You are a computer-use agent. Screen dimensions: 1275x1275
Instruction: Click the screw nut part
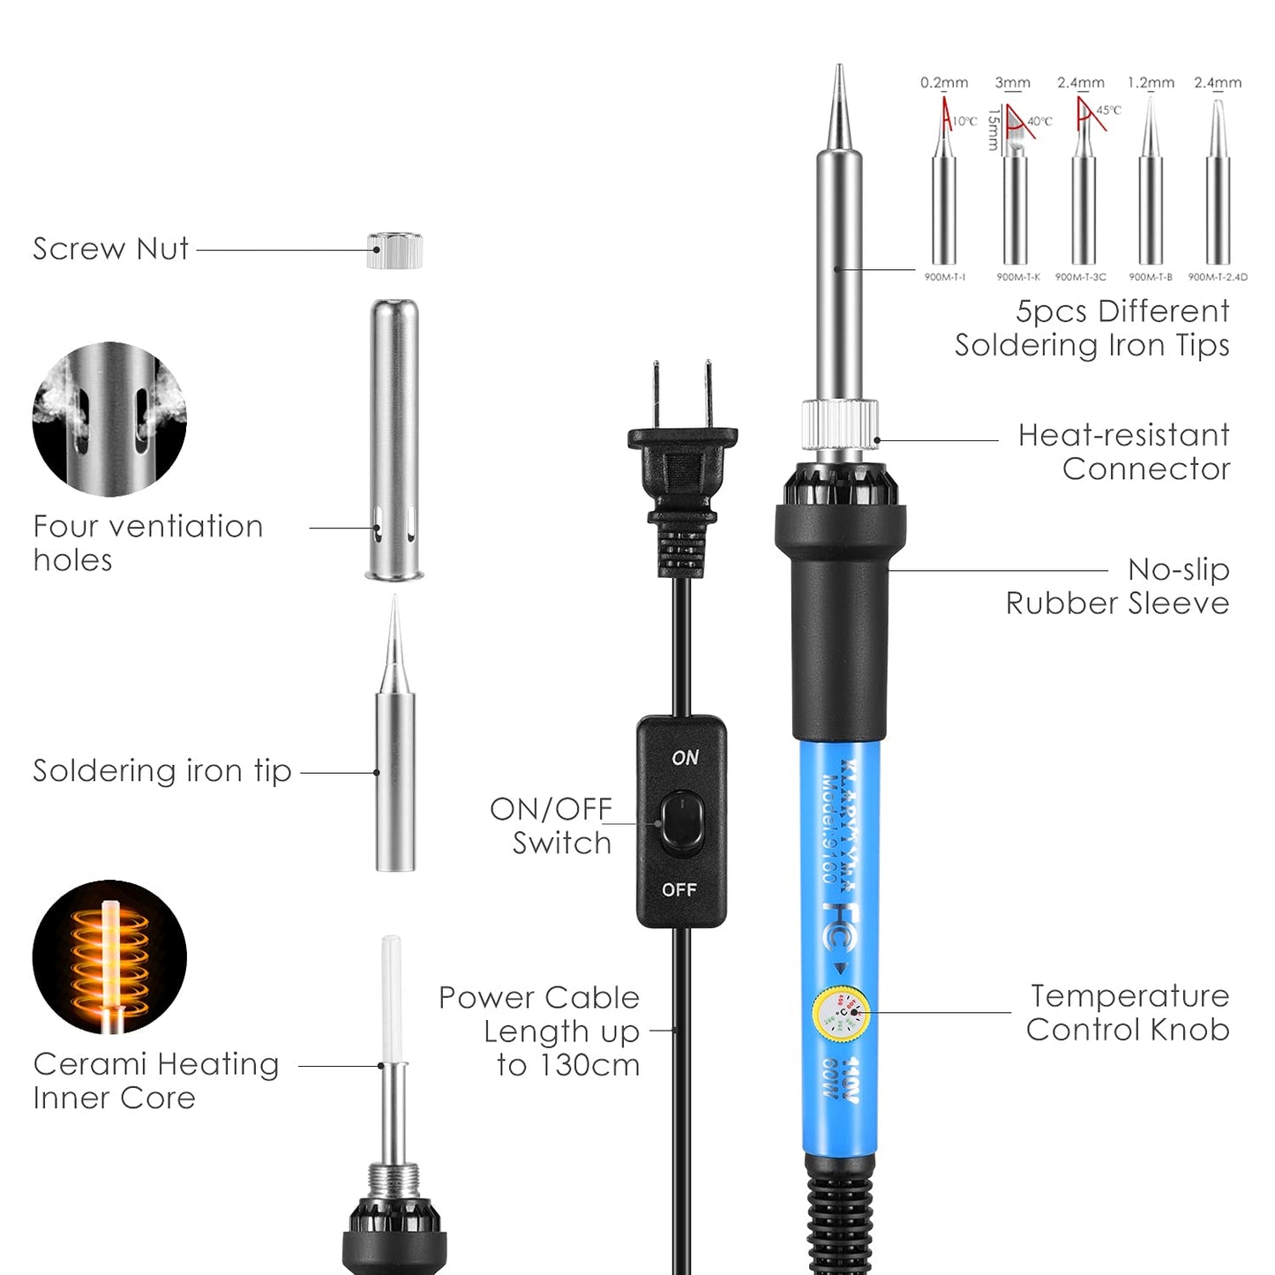pyautogui.click(x=394, y=251)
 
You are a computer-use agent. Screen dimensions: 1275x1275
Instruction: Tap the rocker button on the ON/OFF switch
pyautogui.click(x=682, y=823)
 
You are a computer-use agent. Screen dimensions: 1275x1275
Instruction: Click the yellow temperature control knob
pyautogui.click(x=841, y=1014)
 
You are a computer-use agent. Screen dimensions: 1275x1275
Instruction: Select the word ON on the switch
pyautogui.click(x=685, y=758)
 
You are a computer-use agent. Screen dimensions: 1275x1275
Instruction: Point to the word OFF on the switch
pyautogui.click(x=679, y=889)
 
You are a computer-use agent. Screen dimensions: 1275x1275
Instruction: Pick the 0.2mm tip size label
pyautogui.click(x=944, y=83)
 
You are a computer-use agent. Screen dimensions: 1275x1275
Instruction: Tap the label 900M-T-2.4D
pyautogui.click(x=1218, y=277)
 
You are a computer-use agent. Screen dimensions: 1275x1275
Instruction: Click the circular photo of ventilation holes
pyautogui.click(x=109, y=419)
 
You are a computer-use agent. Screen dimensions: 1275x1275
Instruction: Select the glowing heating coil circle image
pyautogui.click(x=109, y=957)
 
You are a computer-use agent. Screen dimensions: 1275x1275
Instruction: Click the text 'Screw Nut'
pyautogui.click(x=110, y=249)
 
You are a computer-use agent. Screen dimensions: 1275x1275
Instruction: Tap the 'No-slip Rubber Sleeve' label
pyautogui.click(x=1118, y=587)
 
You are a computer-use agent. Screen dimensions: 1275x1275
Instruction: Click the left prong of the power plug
pyautogui.click(x=656, y=394)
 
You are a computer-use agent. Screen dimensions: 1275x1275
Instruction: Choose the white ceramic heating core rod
pyautogui.click(x=391, y=997)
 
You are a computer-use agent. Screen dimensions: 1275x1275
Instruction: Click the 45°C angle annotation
pyautogui.click(x=1108, y=110)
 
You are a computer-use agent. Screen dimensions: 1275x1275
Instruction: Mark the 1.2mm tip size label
pyautogui.click(x=1151, y=83)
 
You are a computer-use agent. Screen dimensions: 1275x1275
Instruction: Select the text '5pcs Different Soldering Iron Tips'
pyautogui.click(x=1092, y=328)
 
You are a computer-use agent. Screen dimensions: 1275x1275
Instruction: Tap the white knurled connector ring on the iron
pyautogui.click(x=840, y=424)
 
